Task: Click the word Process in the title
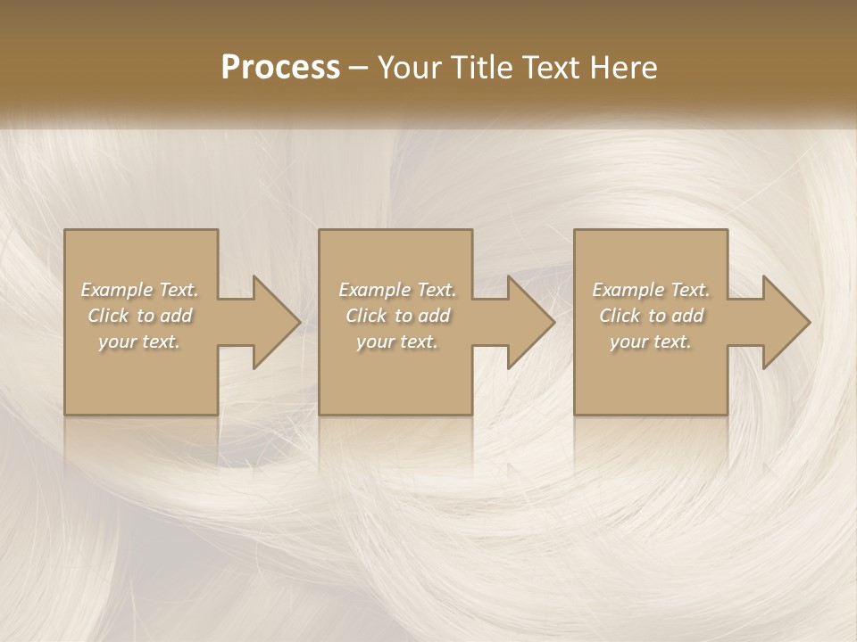tap(280, 68)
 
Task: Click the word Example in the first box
tap(116, 290)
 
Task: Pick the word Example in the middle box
tap(373, 290)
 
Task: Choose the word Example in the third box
tap(627, 290)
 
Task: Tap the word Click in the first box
tap(108, 316)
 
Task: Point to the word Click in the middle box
tap(366, 316)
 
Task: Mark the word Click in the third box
tap(620, 316)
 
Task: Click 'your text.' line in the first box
tap(139, 342)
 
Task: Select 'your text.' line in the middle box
tap(396, 342)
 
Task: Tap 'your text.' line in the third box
tap(650, 342)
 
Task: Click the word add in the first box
tap(176, 316)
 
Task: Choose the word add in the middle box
tap(434, 316)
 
